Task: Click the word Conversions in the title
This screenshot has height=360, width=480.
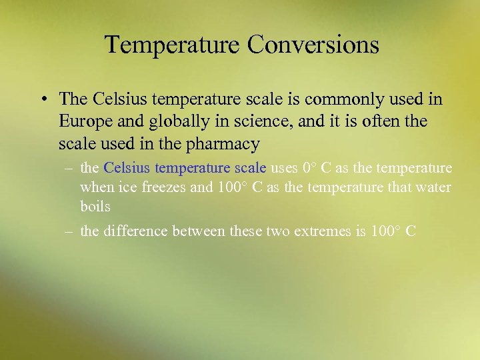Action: [313, 45]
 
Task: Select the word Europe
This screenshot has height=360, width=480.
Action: [82, 122]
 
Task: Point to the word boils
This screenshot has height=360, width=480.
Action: [95, 207]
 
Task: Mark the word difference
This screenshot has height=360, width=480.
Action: [135, 231]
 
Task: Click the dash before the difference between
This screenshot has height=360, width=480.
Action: [68, 231]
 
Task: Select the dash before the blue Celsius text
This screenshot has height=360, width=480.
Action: [68, 169]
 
